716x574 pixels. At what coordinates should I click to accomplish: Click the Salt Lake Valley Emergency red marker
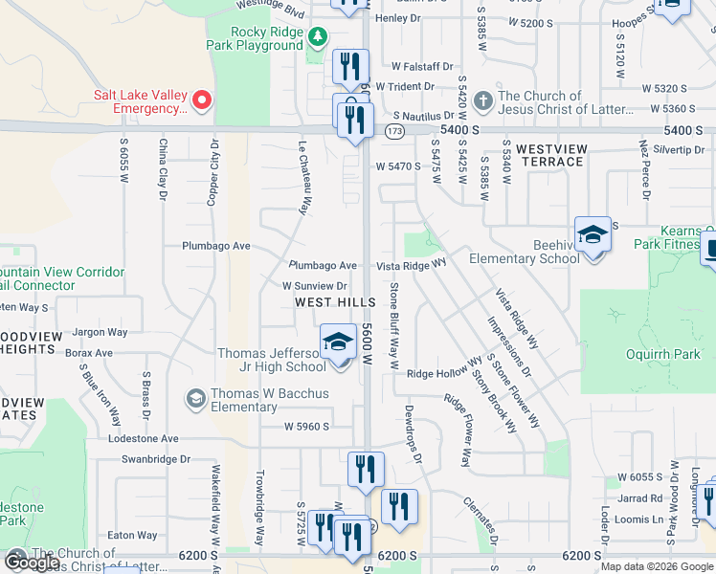click(x=202, y=99)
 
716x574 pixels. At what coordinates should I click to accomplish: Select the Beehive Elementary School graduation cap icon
click(x=593, y=234)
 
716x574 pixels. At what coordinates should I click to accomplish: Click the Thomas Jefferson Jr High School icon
click(x=337, y=342)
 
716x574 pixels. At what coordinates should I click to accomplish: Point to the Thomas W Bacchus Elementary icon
click(x=196, y=398)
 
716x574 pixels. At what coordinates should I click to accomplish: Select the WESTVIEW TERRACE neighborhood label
click(x=549, y=156)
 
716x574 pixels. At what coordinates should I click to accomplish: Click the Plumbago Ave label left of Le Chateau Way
click(x=216, y=246)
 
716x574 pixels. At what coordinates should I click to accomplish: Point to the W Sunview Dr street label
click(x=314, y=286)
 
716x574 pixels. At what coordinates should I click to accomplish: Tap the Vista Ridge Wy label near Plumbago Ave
click(x=412, y=263)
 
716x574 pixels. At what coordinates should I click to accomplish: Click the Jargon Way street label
click(x=101, y=332)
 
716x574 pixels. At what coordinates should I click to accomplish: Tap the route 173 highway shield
click(x=394, y=129)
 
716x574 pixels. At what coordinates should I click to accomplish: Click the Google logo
click(x=33, y=562)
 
